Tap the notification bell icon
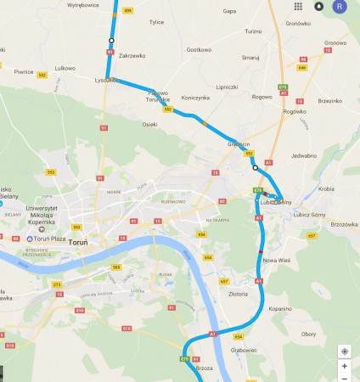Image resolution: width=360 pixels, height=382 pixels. click(319, 6)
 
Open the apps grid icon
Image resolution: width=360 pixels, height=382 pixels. click(298, 6)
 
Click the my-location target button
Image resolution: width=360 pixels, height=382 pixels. click(345, 351)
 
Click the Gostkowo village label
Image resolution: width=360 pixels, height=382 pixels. click(198, 50)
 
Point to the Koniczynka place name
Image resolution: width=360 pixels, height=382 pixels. click(195, 98)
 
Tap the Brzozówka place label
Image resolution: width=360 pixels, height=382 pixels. click(344, 224)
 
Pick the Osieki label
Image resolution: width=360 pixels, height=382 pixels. click(149, 125)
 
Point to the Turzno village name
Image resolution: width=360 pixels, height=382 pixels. click(253, 31)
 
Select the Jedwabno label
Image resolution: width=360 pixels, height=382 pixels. click(303, 155)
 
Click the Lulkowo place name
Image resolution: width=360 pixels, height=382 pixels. click(65, 67)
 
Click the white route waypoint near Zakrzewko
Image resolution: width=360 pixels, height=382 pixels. click(110, 40)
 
